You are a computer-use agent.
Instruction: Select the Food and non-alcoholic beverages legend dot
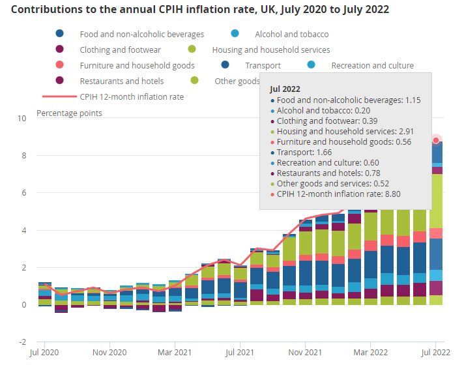(60, 34)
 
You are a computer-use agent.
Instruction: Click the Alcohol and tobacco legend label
(291, 34)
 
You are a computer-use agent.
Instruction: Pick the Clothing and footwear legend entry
(121, 50)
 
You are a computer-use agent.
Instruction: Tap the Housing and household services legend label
(270, 50)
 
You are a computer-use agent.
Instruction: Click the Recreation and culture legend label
(372, 65)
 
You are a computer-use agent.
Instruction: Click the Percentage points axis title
(69, 113)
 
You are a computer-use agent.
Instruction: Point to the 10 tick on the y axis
(22, 119)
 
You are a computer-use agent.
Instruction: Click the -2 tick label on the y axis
(22, 342)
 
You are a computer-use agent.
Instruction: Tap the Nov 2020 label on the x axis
(109, 353)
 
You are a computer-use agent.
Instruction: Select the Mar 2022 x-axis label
(371, 353)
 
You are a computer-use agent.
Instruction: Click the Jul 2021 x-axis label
(240, 353)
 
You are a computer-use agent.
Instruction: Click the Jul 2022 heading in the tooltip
(285, 89)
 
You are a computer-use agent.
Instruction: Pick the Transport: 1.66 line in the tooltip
(304, 152)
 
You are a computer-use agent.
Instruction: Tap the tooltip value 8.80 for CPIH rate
(384, 194)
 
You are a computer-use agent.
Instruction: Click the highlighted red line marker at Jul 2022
(437, 140)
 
